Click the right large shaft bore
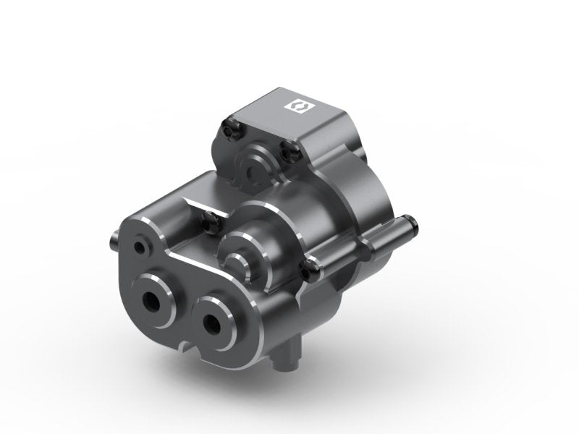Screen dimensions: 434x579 click(214, 320)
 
